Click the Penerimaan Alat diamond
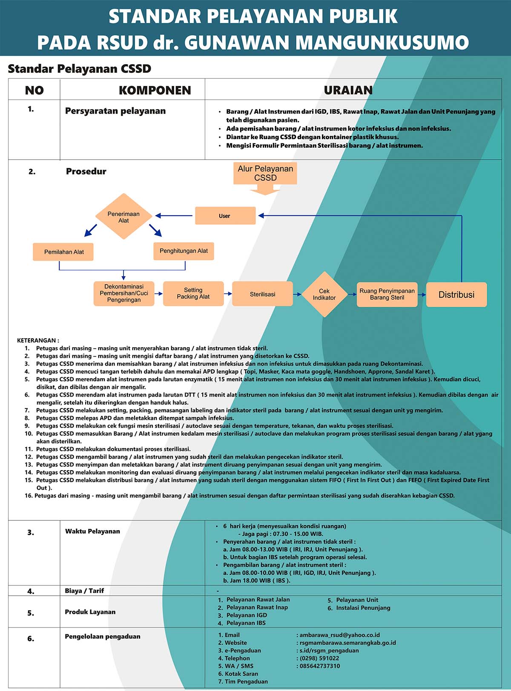pyautogui.click(x=123, y=216)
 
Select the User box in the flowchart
pyautogui.click(x=225, y=216)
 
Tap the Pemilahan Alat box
pyautogui.click(x=63, y=252)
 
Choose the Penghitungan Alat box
pyautogui.click(x=184, y=251)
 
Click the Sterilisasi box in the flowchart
pyautogui.click(x=262, y=294)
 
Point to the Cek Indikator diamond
pyautogui.click(x=324, y=294)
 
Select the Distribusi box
pyautogui.click(x=456, y=295)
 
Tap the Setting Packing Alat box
pyautogui.click(x=193, y=294)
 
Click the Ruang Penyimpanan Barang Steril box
pyautogui.click(x=387, y=294)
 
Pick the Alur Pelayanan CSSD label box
pyautogui.click(x=265, y=173)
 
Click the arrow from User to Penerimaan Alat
pyautogui.click(x=174, y=216)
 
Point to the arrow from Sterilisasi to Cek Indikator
pyautogui.click(x=297, y=294)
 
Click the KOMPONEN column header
pyautogui.click(x=155, y=90)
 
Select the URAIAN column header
pyautogui.click(x=348, y=90)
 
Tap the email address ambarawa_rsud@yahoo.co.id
pyautogui.click(x=339, y=635)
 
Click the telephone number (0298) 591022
pyautogui.click(x=319, y=658)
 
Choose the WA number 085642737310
pyautogui.click(x=320, y=666)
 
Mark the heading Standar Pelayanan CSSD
pyautogui.click(x=80, y=69)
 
